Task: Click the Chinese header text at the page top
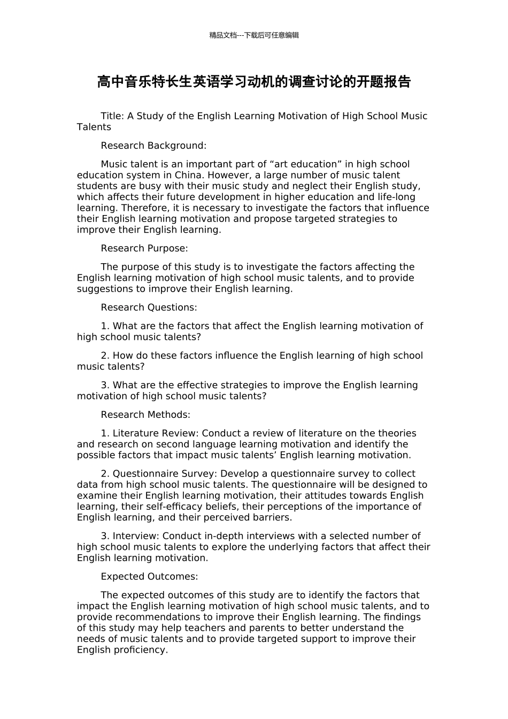[x=254, y=35]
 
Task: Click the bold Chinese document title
[x=254, y=82]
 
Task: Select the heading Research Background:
[x=153, y=146]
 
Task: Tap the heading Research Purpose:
[x=144, y=248]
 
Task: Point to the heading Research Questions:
[x=149, y=308]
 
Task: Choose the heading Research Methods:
[x=145, y=415]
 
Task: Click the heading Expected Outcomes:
[x=149, y=577]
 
